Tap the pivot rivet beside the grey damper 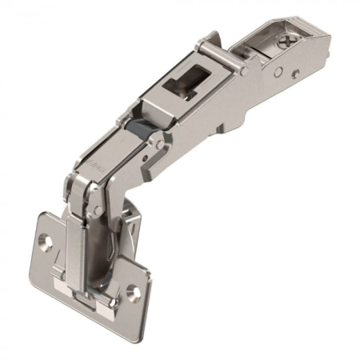click(x=159, y=144)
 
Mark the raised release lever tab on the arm click(x=210, y=40)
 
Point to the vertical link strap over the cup click(x=77, y=240)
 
